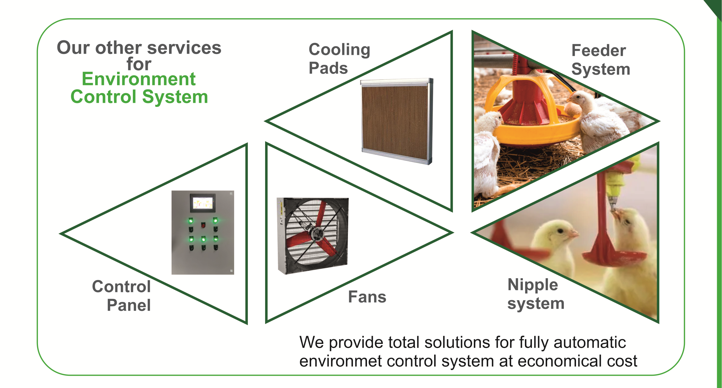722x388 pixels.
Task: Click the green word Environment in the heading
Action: coord(138,79)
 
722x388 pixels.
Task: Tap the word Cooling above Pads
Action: coord(339,50)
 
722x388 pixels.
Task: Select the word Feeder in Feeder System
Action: coord(599,51)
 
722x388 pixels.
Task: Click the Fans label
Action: coord(367,297)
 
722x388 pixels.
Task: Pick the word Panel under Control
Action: coord(129,305)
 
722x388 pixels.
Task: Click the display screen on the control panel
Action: coord(203,202)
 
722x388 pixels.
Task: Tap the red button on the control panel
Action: coord(203,225)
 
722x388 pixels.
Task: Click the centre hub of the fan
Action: coord(316,234)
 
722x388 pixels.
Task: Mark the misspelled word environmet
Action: coord(340,361)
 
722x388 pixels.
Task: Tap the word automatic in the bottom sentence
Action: coord(590,342)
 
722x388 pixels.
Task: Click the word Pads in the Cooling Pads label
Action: coord(328,68)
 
